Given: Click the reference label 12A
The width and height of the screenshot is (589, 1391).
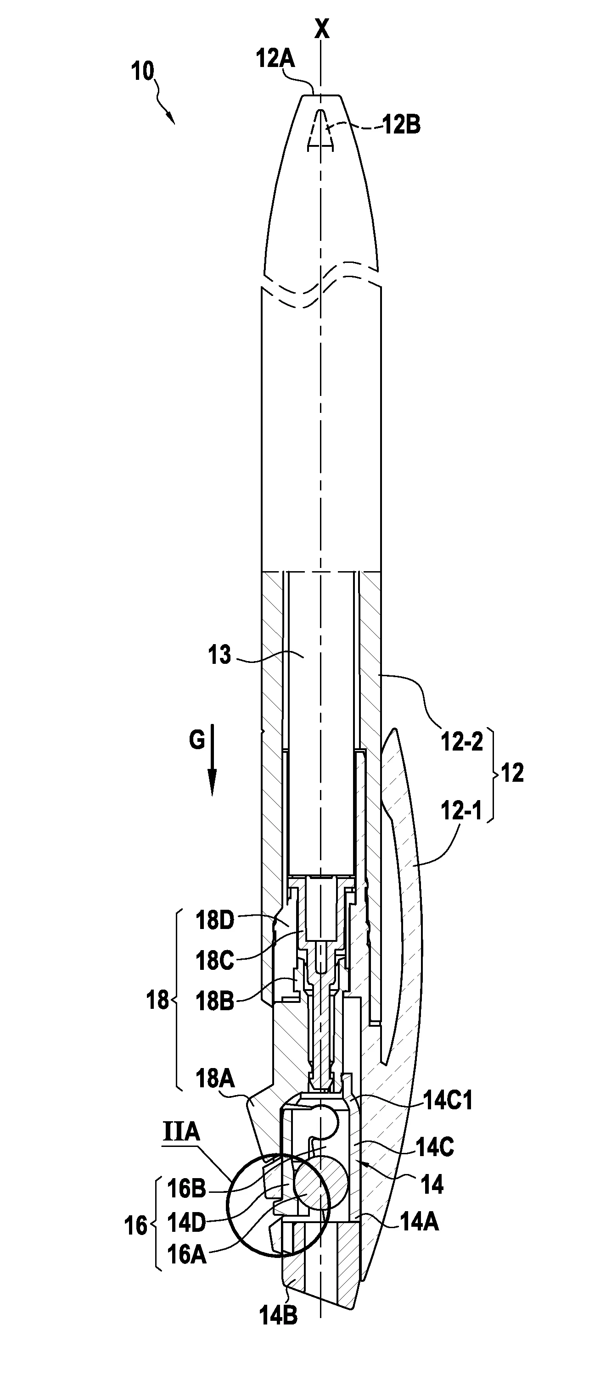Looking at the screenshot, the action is click(275, 59).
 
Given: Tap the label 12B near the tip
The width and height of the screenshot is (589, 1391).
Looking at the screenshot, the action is click(402, 125).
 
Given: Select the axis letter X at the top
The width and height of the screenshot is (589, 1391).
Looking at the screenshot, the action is click(322, 29).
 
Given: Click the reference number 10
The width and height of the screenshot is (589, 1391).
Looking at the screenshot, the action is click(143, 71).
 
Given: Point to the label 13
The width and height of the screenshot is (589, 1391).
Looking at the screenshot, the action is click(219, 656).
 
